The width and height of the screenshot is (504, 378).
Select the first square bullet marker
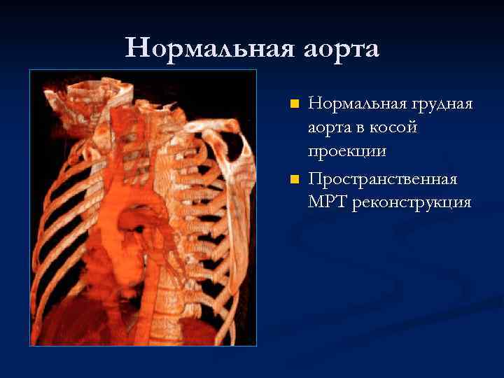pyautogui.click(x=295, y=104)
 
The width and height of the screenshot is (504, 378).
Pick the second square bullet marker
pyautogui.click(x=295, y=179)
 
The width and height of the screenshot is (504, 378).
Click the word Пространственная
pyautogui.click(x=383, y=180)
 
